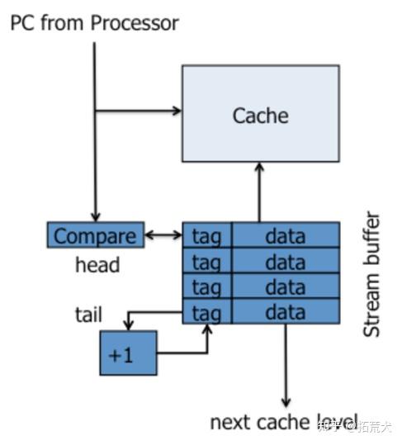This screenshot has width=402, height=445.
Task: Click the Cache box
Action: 260,113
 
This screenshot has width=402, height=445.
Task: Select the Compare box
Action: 95,235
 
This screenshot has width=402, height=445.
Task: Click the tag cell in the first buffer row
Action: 206,235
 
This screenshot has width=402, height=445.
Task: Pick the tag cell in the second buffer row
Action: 206,261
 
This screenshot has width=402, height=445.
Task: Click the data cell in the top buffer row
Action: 286,235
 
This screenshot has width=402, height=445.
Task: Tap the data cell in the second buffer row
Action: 286,261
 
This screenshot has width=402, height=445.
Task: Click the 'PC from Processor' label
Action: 94,23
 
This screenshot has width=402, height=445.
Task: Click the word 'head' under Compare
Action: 97,265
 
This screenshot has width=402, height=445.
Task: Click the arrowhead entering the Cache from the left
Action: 176,111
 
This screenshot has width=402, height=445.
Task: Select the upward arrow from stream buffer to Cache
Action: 259,192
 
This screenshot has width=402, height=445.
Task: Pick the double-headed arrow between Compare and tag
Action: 163,236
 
